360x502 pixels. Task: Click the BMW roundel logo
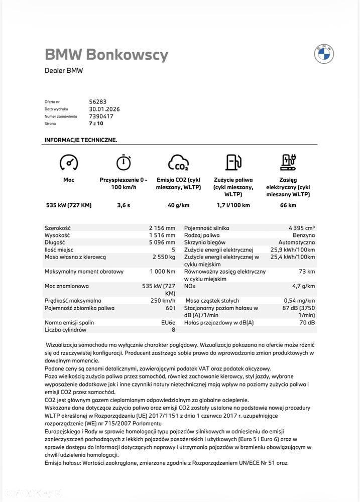324,54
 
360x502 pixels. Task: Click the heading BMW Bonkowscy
106,55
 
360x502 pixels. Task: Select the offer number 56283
98,101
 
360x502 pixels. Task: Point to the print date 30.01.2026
104,109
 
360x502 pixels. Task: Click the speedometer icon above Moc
68,163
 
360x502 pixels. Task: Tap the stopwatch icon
123,163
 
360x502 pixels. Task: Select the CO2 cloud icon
178,163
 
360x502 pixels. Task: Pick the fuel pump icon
233,163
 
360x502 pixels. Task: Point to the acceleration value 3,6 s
124,205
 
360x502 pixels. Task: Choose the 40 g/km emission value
178,205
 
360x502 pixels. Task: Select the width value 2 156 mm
162,227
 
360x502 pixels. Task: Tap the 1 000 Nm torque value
163,272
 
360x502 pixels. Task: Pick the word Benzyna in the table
304,235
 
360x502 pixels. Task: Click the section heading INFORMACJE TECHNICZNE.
81,140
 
